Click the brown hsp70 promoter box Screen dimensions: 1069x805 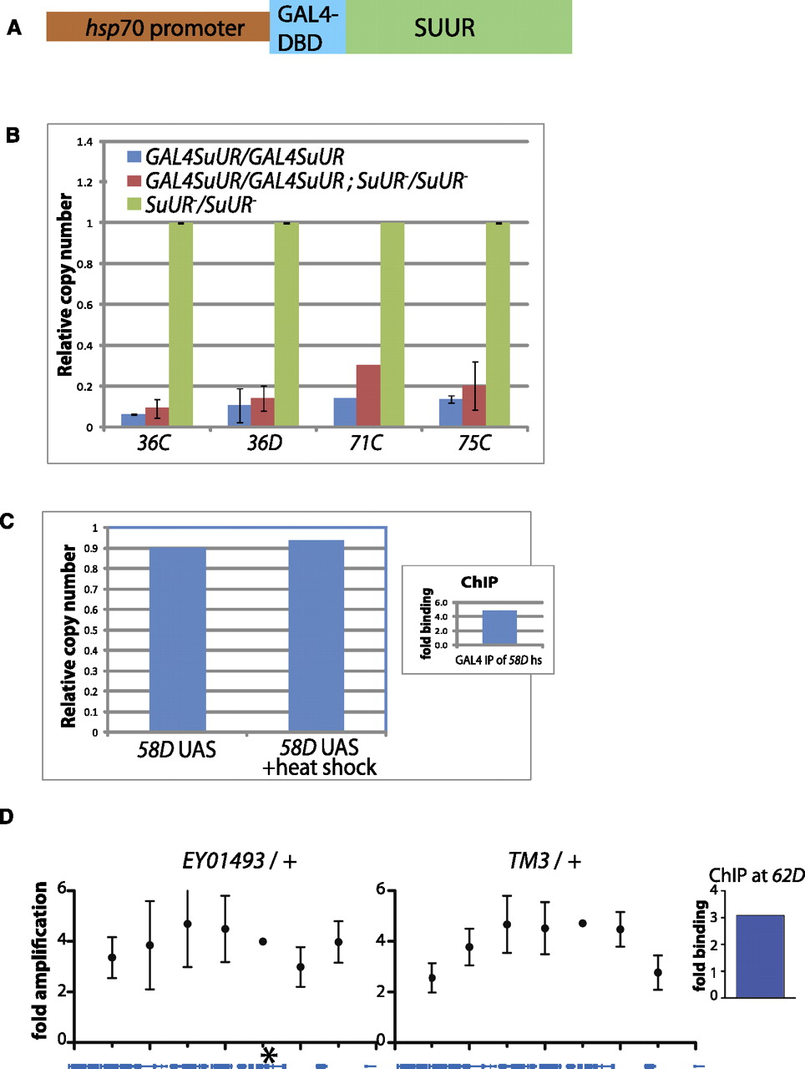(x=158, y=28)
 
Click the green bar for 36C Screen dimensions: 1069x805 (x=180, y=325)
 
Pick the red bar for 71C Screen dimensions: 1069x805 (x=368, y=396)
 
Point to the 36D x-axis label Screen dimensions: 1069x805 (x=264, y=443)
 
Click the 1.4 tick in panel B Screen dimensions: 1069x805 (x=84, y=142)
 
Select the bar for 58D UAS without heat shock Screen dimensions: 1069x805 (x=177, y=640)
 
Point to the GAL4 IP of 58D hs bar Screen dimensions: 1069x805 (x=499, y=627)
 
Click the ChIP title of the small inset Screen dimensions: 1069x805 (x=479, y=582)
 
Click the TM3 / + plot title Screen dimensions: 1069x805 (x=544, y=860)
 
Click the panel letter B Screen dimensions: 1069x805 (x=13, y=134)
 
